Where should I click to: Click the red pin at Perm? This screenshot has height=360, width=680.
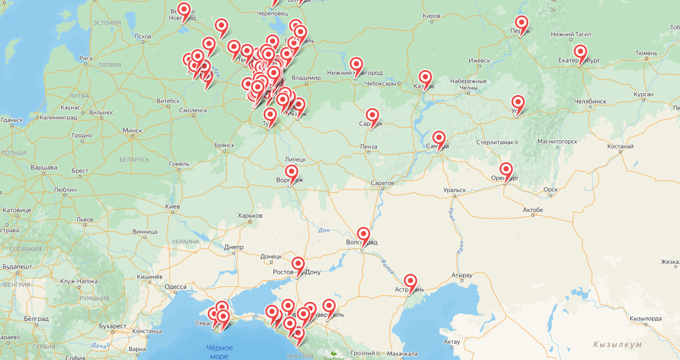pyautogui.click(x=521, y=24)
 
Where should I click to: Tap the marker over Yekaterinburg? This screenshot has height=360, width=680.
pyautogui.click(x=580, y=52)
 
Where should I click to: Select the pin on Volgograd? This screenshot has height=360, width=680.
pyautogui.click(x=363, y=235)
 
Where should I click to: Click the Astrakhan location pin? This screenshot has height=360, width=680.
pyautogui.click(x=410, y=282)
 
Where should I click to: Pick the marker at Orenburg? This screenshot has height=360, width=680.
pyautogui.click(x=506, y=170)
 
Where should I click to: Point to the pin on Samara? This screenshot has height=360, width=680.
pyautogui.click(x=439, y=139)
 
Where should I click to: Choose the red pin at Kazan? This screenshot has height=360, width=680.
pyautogui.click(x=425, y=78)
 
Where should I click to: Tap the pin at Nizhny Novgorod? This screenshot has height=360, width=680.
pyautogui.click(x=356, y=65)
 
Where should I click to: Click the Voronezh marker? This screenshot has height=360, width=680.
pyautogui.click(x=291, y=173)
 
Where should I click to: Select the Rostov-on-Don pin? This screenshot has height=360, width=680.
pyautogui.click(x=298, y=265)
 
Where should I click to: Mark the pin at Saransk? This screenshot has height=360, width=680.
pyautogui.click(x=372, y=116)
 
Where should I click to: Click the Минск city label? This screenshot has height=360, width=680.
pyautogui.click(x=132, y=130)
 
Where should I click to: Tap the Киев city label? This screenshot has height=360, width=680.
pyautogui.click(x=172, y=206)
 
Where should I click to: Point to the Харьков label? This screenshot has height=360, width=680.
pyautogui.click(x=250, y=215)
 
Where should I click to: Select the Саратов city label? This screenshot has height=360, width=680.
pyautogui.click(x=382, y=182)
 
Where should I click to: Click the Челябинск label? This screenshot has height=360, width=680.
pyautogui.click(x=590, y=102)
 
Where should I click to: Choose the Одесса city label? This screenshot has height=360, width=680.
pyautogui.click(x=175, y=286)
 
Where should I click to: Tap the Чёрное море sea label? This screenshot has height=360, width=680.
pyautogui.click(x=219, y=352)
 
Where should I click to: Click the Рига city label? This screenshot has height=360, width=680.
pyautogui.click(x=85, y=58)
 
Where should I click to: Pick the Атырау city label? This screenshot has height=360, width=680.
pyautogui.click(x=461, y=275)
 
